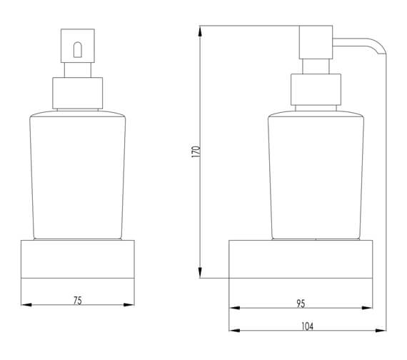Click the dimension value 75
coord(78,300)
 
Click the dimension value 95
coord(301,303)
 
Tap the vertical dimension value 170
coord(196,151)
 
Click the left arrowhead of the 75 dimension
coord(26,305)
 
